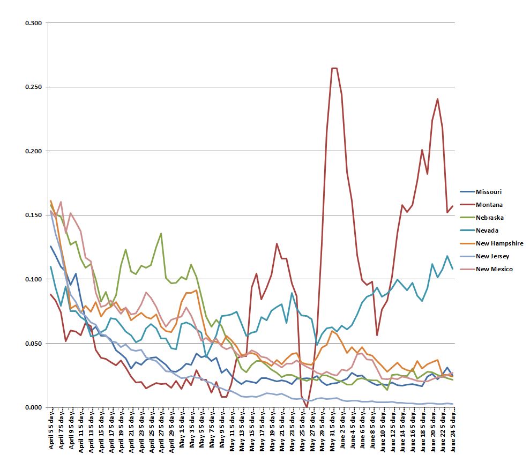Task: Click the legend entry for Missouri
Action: (488, 192)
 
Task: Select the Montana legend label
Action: (488, 205)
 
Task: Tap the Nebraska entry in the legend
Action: (489, 218)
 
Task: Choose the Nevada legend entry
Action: (487, 230)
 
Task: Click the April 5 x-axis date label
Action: (51, 431)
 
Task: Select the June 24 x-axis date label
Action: (453, 431)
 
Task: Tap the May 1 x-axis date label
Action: (182, 431)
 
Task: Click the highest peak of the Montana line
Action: (334, 68)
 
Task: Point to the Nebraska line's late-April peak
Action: (161, 233)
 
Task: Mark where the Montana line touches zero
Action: (307, 406)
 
